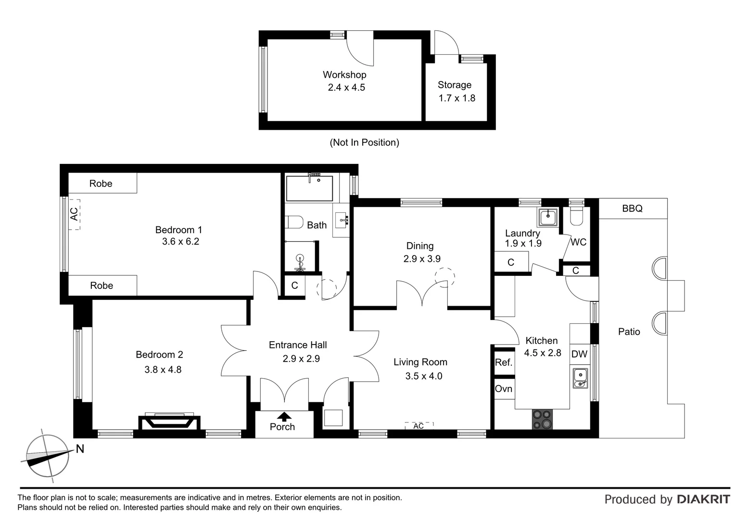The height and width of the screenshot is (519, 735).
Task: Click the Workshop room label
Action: pyautogui.click(x=344, y=74)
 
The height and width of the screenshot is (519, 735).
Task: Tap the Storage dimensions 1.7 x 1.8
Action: pyautogui.click(x=456, y=98)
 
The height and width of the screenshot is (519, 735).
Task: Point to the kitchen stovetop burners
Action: pyautogui.click(x=542, y=419)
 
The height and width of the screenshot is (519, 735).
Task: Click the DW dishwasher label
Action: pyautogui.click(x=579, y=354)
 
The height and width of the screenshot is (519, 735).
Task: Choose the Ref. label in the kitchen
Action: pyautogui.click(x=504, y=362)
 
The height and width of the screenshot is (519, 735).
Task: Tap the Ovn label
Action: pyautogui.click(x=504, y=388)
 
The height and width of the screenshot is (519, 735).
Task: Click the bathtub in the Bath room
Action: pyautogui.click(x=309, y=188)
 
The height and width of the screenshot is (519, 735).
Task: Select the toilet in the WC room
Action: pyautogui.click(x=576, y=217)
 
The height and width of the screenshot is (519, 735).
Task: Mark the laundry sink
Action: pyautogui.click(x=548, y=217)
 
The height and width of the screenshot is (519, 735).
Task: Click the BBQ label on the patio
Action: pyautogui.click(x=632, y=209)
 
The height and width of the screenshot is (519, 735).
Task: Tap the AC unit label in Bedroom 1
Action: pyautogui.click(x=74, y=214)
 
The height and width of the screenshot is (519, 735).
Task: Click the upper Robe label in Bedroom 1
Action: pyautogui.click(x=101, y=184)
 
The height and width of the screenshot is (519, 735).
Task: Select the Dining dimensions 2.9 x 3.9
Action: pyautogui.click(x=422, y=259)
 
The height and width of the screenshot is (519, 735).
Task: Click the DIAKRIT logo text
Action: pyautogui.click(x=703, y=499)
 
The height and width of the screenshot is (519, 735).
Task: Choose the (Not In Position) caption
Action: pyautogui.click(x=364, y=142)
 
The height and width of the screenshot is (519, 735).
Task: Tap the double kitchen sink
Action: pyautogui.click(x=581, y=378)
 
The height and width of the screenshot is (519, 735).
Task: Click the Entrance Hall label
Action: pyautogui.click(x=298, y=345)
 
